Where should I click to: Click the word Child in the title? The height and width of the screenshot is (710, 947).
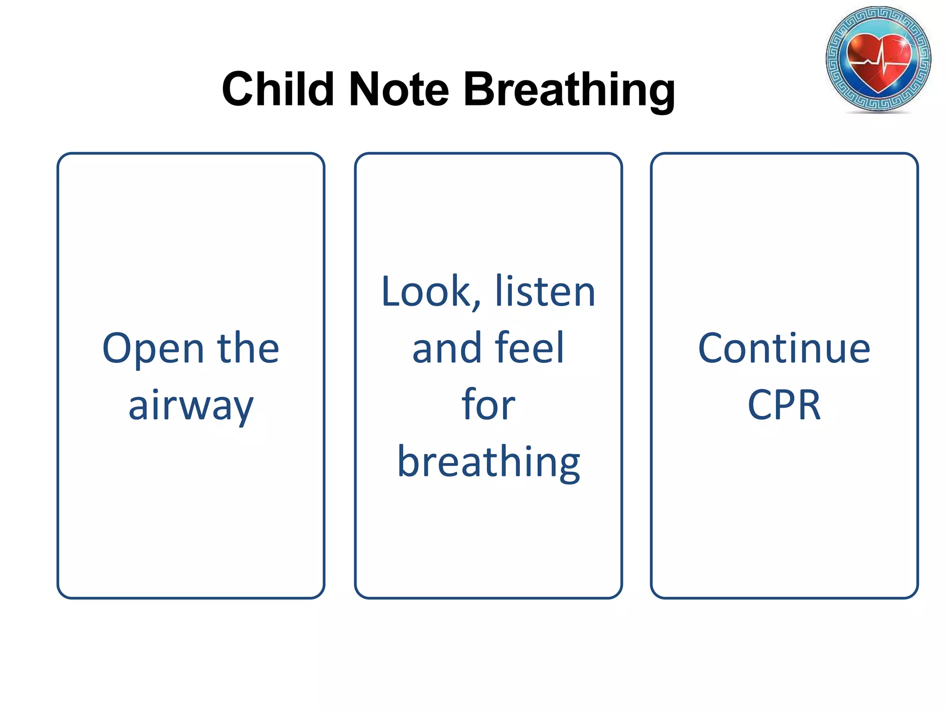click(277, 89)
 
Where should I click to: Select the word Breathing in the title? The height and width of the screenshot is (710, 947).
click(569, 90)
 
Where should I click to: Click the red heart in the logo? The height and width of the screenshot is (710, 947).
click(879, 60)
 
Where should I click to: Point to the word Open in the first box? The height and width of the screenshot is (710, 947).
click(153, 349)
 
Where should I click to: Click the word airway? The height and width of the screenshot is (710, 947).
click(191, 406)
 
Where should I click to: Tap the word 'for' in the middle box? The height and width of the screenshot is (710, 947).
click(488, 405)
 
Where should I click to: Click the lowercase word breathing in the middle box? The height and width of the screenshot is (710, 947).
click(489, 462)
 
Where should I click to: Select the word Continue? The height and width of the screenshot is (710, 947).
click(784, 349)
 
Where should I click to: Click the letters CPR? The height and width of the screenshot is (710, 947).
click(784, 405)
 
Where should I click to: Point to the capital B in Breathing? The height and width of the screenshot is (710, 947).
click(481, 89)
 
